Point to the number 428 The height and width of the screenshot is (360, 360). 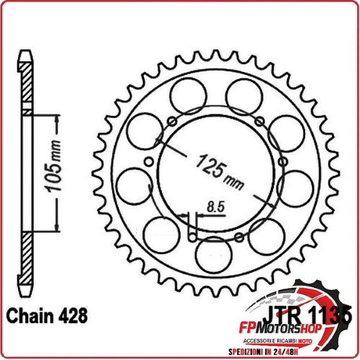[75, 315]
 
